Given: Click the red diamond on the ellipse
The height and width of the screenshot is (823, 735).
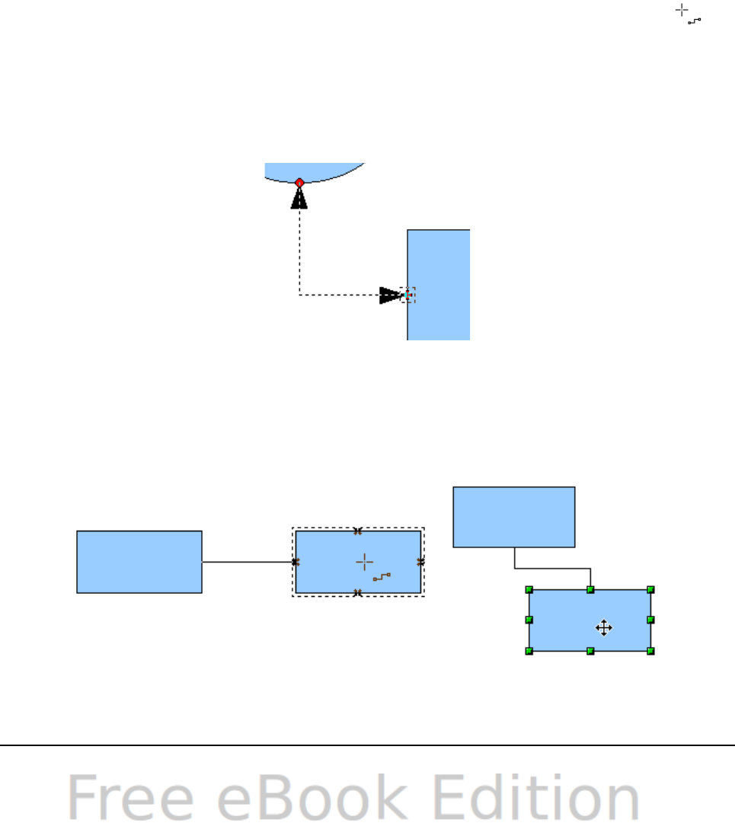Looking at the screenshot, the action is [x=299, y=183].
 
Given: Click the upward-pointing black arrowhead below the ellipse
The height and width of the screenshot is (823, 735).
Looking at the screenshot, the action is [x=299, y=199].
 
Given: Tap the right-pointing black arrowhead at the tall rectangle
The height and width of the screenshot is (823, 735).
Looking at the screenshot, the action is [x=390, y=295].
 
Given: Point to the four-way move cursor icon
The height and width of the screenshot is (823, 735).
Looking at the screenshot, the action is [x=603, y=628].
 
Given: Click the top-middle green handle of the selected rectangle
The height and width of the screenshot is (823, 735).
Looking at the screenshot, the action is [x=590, y=589].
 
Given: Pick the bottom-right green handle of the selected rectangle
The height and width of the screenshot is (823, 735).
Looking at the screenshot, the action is [x=650, y=651].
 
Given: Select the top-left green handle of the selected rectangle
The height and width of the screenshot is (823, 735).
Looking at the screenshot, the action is [x=529, y=589].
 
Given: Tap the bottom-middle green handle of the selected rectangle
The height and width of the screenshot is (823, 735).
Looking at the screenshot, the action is [x=590, y=651].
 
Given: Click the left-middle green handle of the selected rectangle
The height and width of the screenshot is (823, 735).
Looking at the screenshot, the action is [x=529, y=620].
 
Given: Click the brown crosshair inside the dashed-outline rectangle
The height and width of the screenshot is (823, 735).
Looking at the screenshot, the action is [x=365, y=562].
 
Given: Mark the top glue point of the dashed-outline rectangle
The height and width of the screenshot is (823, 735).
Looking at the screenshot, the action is [x=358, y=531].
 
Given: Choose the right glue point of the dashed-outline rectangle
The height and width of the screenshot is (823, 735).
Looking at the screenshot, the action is [x=420, y=562].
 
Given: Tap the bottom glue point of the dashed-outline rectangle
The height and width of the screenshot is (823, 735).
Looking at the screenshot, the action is [x=358, y=592].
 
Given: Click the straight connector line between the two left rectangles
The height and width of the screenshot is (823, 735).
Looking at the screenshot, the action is [x=248, y=562].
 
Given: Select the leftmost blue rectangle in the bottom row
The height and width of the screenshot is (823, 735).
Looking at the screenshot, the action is [x=139, y=562].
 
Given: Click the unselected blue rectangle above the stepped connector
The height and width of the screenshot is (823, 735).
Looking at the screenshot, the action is [x=514, y=517].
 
